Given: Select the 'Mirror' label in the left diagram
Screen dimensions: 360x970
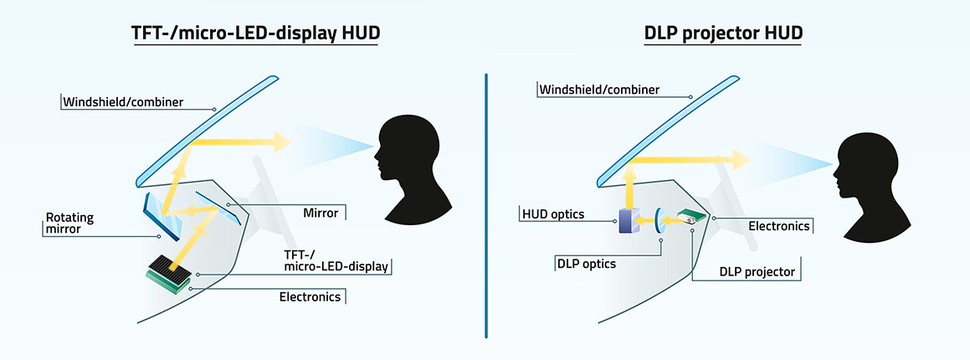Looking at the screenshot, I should click(x=321, y=213).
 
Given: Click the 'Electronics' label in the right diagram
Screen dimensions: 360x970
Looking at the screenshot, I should click(x=778, y=225).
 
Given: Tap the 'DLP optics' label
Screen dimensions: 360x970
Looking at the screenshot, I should click(x=587, y=264).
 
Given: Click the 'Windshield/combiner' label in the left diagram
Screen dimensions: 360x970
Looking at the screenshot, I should click(x=123, y=103).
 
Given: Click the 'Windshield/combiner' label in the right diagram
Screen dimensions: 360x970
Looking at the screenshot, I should click(x=599, y=89).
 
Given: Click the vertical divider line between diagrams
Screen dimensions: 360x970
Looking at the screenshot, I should click(x=485, y=205).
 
